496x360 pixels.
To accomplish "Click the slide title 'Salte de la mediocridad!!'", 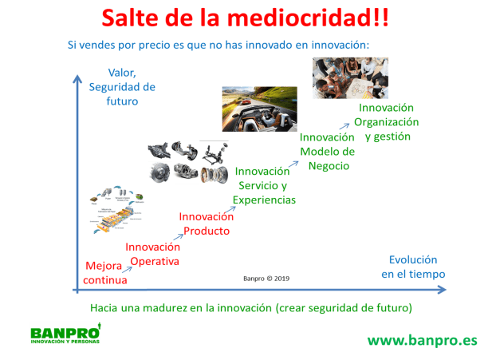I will (247, 18).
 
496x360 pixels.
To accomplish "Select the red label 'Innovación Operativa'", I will (153, 254).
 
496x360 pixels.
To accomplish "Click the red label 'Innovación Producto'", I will (207, 224).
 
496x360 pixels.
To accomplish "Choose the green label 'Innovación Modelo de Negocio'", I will (326, 151).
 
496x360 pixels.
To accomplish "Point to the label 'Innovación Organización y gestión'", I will (387, 121).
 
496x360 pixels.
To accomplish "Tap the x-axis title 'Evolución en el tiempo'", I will (412, 267).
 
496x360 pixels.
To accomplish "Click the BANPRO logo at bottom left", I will (65, 335).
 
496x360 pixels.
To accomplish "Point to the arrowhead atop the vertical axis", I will (77, 77).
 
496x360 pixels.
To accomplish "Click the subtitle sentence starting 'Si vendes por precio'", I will (218, 45).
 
